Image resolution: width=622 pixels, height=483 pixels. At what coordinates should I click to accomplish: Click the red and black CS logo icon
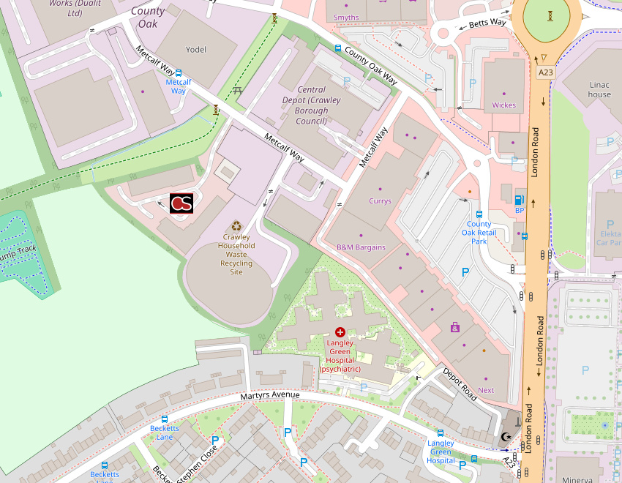pyautogui.click(x=181, y=203)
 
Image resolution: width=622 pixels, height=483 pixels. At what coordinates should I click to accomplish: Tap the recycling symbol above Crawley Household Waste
pyautogui.click(x=236, y=227)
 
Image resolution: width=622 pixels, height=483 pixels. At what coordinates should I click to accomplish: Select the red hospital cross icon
pyautogui.click(x=340, y=332)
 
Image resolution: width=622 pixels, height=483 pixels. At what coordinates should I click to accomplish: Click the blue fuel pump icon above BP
pyautogui.click(x=520, y=200)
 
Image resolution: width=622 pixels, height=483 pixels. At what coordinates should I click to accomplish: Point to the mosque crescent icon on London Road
pyautogui.click(x=506, y=437)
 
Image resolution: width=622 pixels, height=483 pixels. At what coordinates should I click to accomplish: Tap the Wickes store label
pyautogui.click(x=503, y=105)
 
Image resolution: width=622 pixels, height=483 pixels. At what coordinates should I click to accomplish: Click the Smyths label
pyautogui.click(x=346, y=18)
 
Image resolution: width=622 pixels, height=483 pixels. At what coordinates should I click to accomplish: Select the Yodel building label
pyautogui.click(x=196, y=50)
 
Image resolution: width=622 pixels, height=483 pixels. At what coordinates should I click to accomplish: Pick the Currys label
pyautogui.click(x=380, y=201)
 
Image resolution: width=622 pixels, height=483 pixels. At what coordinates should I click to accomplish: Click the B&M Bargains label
pyautogui.click(x=361, y=247)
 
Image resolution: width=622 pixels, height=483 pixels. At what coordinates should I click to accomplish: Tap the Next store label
pyautogui.click(x=486, y=390)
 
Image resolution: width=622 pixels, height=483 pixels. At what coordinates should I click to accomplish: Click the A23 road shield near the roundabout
pyautogui.click(x=545, y=72)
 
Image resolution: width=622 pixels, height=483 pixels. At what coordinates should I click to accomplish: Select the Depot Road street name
pyautogui.click(x=460, y=383)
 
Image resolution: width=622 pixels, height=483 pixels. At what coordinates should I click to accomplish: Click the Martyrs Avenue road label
pyautogui.click(x=270, y=396)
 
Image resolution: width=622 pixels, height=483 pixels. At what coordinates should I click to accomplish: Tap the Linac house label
pyautogui.click(x=599, y=89)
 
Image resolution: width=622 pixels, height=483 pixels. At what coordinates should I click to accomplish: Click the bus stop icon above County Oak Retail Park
pyautogui.click(x=479, y=214)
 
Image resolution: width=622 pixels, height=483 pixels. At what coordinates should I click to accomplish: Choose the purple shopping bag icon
pyautogui.click(x=455, y=327)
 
